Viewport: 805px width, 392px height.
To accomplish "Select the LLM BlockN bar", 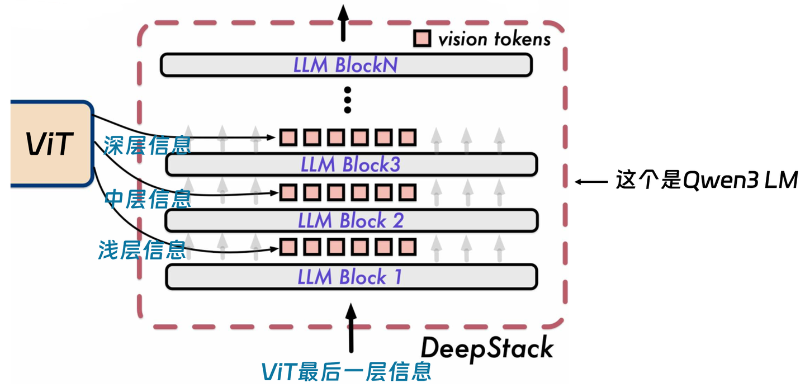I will pos(345,65).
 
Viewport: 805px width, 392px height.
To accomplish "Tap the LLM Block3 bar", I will pos(351,164).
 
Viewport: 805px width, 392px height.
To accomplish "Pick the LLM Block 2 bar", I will pos(351,220).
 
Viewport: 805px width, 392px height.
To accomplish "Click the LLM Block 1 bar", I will pos(351,276).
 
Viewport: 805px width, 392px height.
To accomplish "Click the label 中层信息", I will pos(148,199).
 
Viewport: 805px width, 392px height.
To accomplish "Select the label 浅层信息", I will pos(142,249).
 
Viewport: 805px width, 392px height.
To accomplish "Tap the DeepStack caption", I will pos(487,348).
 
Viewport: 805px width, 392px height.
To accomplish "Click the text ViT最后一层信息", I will pos(347,371).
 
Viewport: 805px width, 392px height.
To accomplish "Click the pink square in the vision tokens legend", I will pos(422,39).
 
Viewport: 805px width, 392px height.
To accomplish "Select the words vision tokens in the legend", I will pos(494,39).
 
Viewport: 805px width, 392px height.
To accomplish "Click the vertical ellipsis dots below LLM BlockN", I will pos(347,100).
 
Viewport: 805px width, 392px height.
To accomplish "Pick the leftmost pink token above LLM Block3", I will pos(288,136).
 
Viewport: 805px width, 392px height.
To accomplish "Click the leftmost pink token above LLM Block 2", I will pos(288,192).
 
